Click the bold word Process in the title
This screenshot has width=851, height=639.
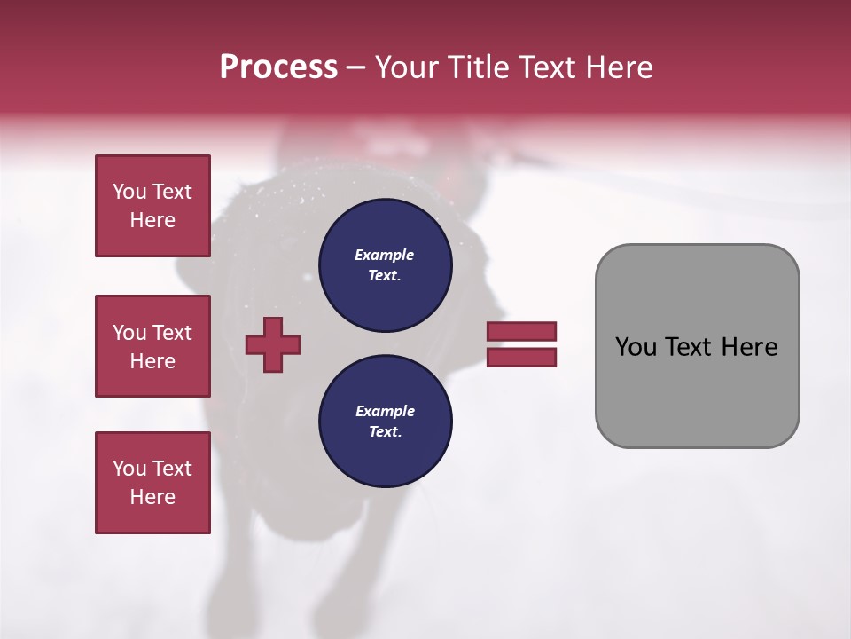tap(278, 67)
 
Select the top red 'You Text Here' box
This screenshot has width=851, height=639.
tap(152, 206)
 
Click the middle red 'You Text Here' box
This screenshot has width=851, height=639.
tap(152, 346)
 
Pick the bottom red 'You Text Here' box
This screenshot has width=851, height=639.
tap(152, 483)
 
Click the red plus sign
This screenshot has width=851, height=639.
tap(273, 344)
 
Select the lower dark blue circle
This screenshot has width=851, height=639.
tap(385, 422)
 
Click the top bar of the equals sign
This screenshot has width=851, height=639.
tap(521, 331)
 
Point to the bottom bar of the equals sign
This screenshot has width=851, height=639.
tap(521, 358)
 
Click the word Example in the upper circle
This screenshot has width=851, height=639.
tap(384, 255)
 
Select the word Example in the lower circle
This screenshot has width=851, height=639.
tap(384, 411)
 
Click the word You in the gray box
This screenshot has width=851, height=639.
tap(635, 347)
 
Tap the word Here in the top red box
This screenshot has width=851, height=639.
tap(152, 220)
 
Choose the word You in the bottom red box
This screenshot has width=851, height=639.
tap(129, 469)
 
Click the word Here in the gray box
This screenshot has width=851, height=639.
tap(749, 347)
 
